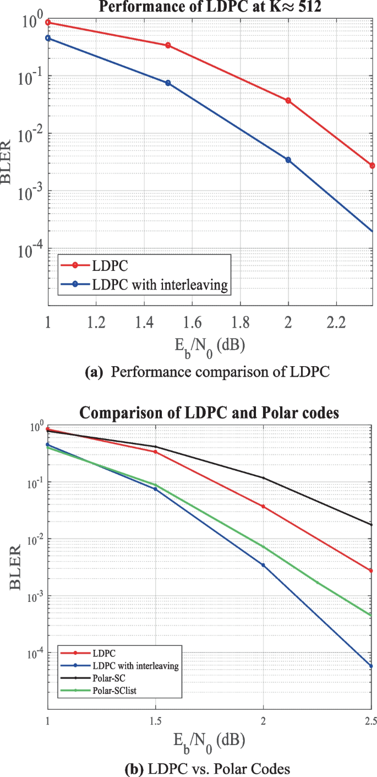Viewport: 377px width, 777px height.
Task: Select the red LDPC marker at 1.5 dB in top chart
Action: [168, 45]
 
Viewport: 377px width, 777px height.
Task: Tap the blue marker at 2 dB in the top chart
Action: [288, 160]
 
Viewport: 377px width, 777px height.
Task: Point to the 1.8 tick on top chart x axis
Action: [240, 321]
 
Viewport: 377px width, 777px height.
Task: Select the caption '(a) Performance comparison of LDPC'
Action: [207, 372]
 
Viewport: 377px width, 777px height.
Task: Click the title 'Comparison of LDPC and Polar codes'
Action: [210, 412]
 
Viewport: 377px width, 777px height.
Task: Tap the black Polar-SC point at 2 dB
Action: [264, 478]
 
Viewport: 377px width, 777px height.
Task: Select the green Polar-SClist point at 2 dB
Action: [264, 547]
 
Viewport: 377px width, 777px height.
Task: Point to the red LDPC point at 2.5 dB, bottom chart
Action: [371, 570]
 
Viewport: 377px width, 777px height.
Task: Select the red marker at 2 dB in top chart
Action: [288, 101]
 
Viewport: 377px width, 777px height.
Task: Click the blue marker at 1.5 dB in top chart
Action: [168, 83]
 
